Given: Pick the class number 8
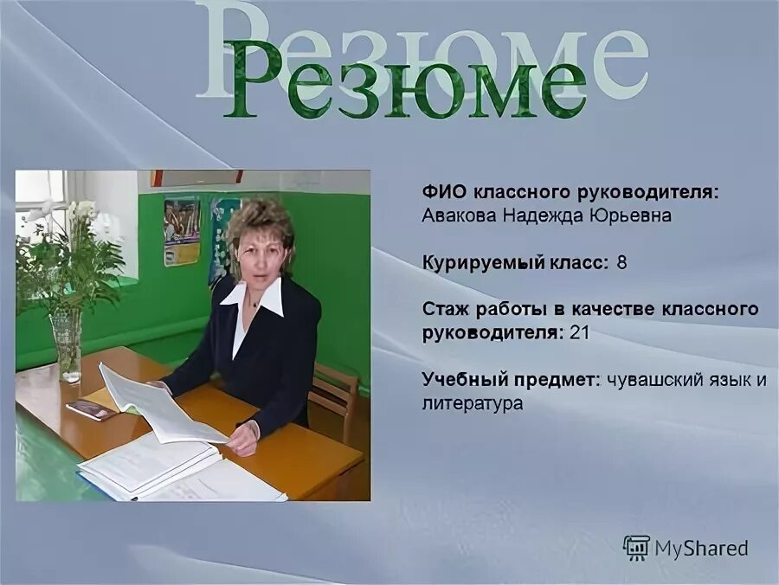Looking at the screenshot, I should coord(621,262).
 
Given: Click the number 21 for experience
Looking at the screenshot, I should coord(579,331).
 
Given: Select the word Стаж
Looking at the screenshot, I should coord(444,309).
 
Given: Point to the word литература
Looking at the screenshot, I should coord(473,402).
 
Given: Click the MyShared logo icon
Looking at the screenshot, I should coord(636,547).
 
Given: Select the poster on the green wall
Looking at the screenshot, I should coord(182,231).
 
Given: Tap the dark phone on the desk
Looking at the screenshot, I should coord(92,408).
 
